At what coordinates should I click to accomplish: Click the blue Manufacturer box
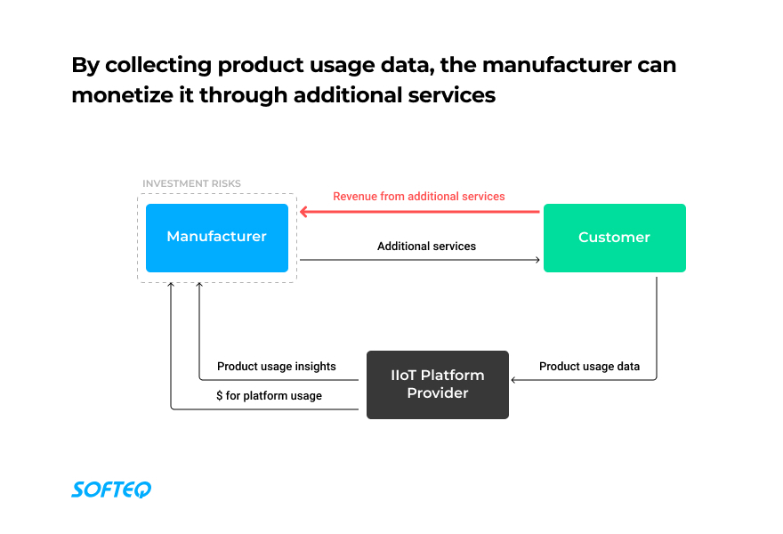click(217, 238)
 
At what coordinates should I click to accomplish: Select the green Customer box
click(614, 238)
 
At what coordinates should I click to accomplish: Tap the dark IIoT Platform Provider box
click(438, 384)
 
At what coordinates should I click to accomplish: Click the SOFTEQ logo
click(111, 489)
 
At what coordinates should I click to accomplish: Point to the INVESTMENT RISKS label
click(192, 184)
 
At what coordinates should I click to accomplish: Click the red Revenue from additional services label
click(419, 197)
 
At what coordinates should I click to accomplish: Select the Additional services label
click(426, 247)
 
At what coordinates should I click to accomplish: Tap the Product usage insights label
click(276, 367)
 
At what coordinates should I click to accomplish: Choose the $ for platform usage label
click(269, 396)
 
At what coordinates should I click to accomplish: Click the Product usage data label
click(589, 367)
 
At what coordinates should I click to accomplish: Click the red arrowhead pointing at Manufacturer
click(303, 212)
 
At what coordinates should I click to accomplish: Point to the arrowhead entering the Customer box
click(537, 260)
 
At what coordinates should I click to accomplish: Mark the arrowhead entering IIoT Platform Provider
click(514, 380)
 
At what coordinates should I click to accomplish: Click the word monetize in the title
click(123, 95)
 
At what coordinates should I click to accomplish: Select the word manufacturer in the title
click(557, 65)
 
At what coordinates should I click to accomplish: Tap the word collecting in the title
click(158, 66)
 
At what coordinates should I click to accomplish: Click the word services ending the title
click(451, 95)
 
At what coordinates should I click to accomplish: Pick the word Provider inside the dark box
click(438, 393)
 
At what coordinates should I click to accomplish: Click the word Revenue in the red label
click(352, 197)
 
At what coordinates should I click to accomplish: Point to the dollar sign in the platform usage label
click(219, 396)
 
